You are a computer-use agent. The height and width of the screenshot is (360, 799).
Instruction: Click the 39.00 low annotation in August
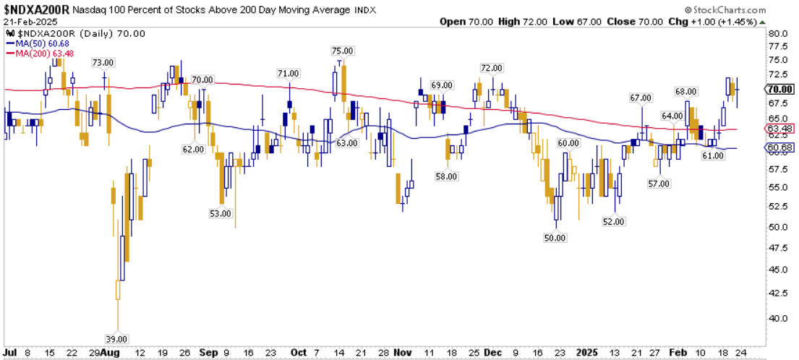click(117, 339)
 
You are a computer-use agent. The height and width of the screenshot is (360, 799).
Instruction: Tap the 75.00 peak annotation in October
click(342, 51)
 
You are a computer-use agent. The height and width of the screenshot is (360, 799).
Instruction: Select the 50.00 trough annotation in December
click(556, 237)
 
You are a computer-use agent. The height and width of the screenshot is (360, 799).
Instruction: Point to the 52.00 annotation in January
click(613, 222)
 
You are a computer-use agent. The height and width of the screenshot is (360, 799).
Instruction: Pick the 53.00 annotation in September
click(220, 213)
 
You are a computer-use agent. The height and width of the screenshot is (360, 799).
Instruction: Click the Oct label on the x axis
click(298, 353)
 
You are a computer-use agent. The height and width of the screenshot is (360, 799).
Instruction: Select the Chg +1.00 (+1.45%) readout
click(720, 22)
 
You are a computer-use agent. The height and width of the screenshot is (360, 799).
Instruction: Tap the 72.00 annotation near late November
click(491, 68)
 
